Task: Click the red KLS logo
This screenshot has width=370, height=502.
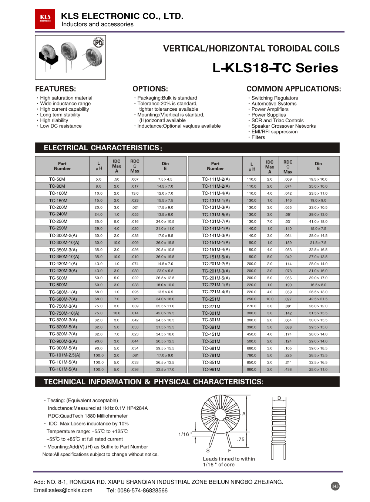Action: point(45,19)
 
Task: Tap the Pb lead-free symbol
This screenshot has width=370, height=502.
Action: point(98,43)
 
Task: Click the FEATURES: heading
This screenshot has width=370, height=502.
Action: point(55,89)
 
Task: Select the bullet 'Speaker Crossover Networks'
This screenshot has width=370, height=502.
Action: point(283,126)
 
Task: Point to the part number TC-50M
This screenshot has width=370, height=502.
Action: point(57,179)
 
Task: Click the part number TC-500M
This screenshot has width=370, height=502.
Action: point(58,278)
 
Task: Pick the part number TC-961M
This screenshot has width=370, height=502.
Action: point(211,369)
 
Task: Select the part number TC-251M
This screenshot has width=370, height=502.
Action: point(211,299)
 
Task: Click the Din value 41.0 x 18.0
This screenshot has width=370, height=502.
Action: point(318,222)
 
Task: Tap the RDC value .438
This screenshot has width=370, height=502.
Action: point(288,369)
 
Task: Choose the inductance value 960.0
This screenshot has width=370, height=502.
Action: point(252,369)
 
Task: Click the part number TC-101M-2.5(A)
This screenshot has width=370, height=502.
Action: point(64,355)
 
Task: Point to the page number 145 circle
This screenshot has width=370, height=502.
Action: point(335,486)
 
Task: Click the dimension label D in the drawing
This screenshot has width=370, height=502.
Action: point(279,398)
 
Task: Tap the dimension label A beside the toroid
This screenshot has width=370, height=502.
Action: point(244,414)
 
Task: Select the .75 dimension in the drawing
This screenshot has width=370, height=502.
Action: point(241,439)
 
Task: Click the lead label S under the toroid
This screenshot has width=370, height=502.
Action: point(208,451)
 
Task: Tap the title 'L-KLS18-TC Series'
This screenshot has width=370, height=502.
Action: point(275,68)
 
